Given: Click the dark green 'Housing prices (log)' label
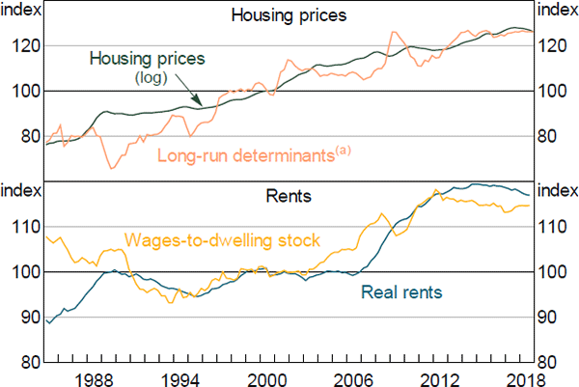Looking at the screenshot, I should click(x=147, y=59).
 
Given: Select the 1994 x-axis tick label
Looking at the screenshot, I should click(x=182, y=377).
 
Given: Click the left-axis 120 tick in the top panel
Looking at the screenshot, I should click(x=26, y=45).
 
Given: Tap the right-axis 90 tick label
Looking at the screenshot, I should click(x=549, y=318).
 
